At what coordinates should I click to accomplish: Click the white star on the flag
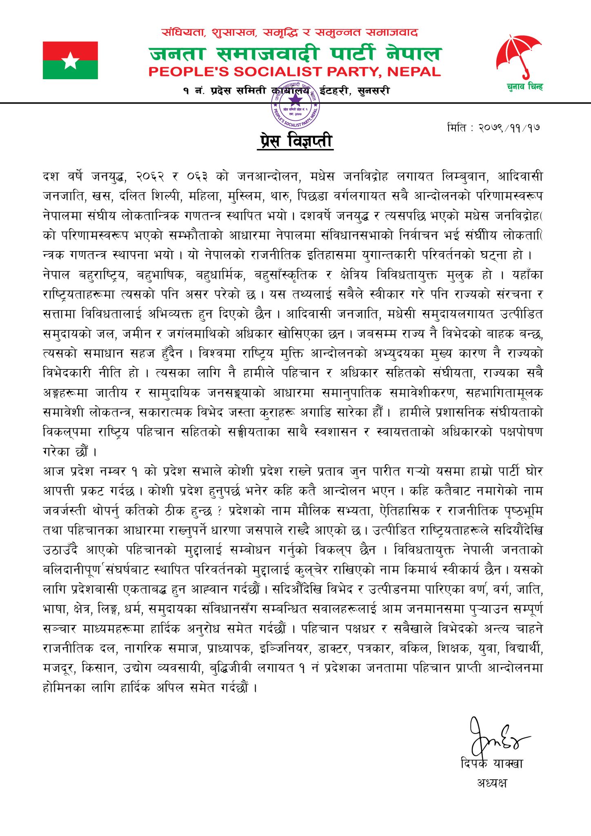click(71, 61)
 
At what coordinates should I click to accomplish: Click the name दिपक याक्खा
click(491, 763)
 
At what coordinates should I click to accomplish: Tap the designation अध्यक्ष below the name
click(491, 783)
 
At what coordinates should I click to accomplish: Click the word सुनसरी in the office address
click(373, 91)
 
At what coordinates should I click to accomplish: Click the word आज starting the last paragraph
click(53, 471)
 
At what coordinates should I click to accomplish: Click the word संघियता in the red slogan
click(184, 33)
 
